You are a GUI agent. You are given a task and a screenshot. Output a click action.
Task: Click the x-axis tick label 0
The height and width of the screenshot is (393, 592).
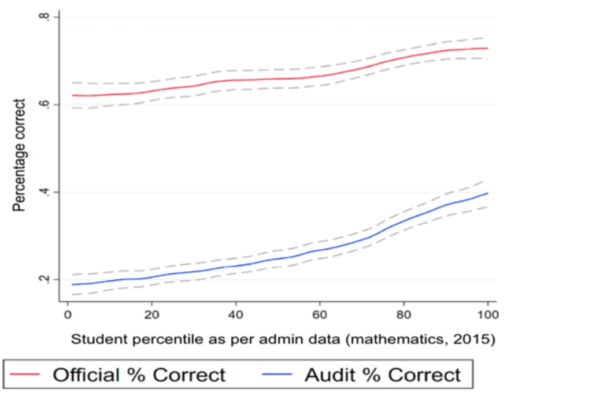pos(67,316)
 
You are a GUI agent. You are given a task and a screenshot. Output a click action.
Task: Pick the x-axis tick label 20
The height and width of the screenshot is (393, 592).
pos(151,316)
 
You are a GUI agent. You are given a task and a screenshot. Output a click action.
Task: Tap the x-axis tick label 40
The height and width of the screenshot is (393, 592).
pos(235,316)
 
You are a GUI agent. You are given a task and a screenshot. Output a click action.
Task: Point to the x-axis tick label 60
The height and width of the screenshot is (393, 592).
pos(320,316)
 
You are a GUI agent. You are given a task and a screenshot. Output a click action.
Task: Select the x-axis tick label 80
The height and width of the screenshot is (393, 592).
pos(404,316)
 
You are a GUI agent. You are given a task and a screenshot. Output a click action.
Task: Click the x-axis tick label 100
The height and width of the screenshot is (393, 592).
pos(488,316)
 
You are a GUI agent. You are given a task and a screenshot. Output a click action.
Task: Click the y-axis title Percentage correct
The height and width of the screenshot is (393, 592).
pos(20,155)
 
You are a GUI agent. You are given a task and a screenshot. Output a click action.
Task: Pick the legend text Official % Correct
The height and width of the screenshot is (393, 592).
pos(139,375)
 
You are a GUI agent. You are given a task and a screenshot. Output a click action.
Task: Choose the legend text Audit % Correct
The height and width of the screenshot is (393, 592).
pos(383,375)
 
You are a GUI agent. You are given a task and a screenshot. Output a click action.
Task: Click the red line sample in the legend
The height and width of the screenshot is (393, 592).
pos(27,375)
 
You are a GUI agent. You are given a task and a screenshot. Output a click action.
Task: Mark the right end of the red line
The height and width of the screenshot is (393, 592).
pos(487,49)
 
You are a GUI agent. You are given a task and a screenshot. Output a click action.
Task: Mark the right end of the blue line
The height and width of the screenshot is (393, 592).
pos(487,193)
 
